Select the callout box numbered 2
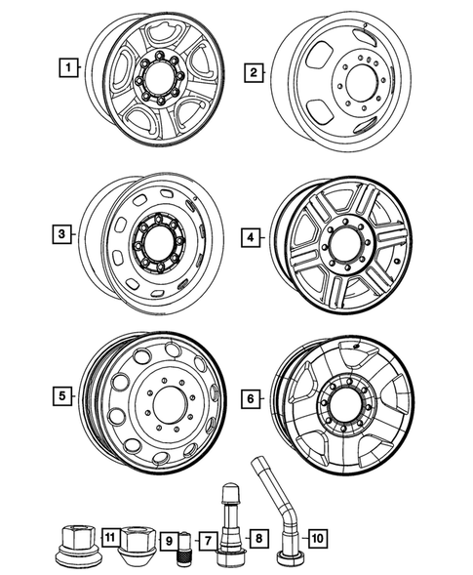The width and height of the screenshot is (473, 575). coord(252,72)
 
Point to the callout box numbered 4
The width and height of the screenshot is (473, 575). coord(252,237)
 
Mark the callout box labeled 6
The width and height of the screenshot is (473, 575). coord(252,398)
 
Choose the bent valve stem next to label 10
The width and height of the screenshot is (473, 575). coord(284,517)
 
